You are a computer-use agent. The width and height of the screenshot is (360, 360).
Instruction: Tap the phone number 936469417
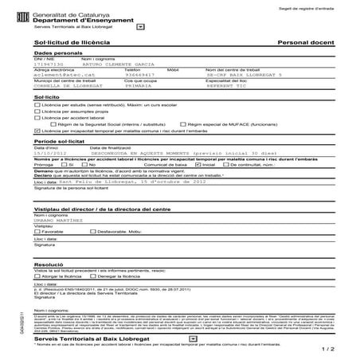click(x=139, y=73)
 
